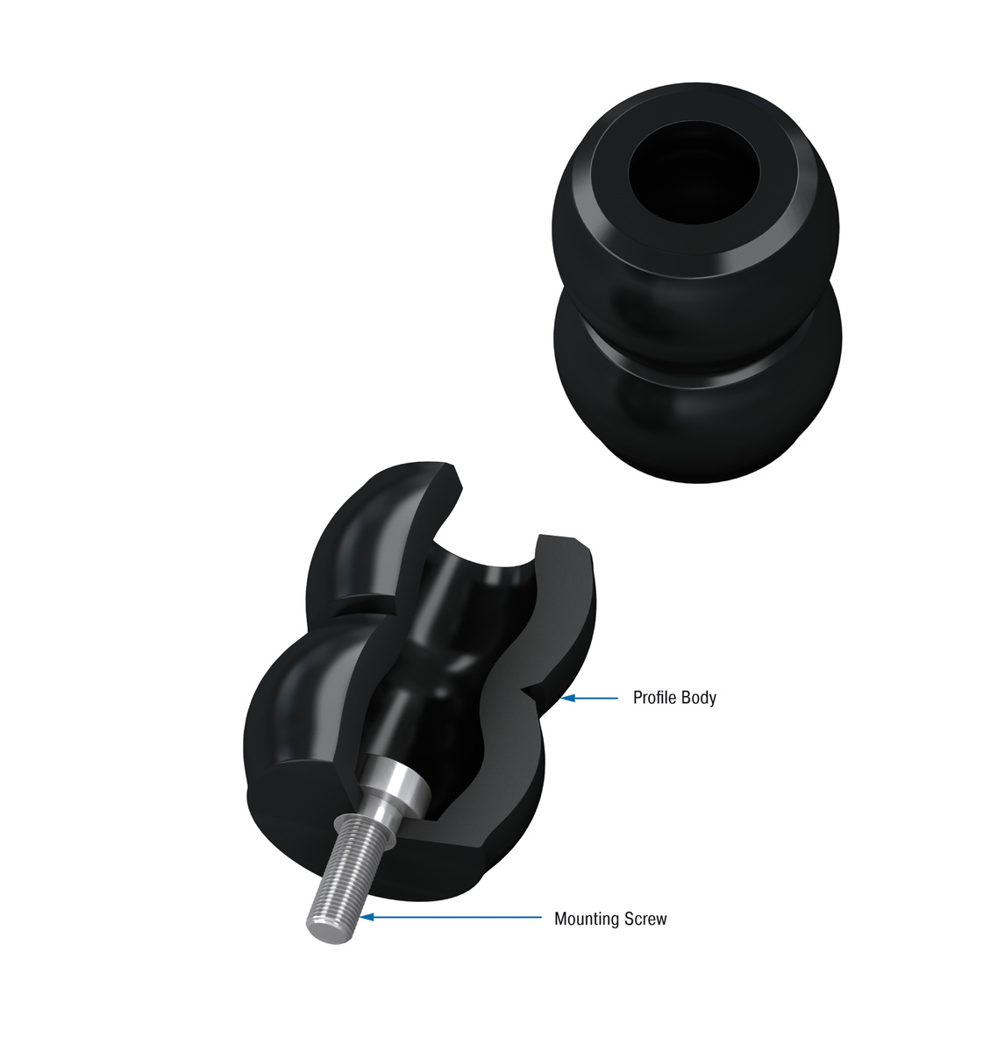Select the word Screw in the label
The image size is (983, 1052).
[x=647, y=919]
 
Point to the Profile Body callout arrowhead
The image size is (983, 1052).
[x=568, y=698]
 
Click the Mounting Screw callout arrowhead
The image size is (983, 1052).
[x=368, y=917]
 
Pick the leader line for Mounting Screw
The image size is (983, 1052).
[x=456, y=917]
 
